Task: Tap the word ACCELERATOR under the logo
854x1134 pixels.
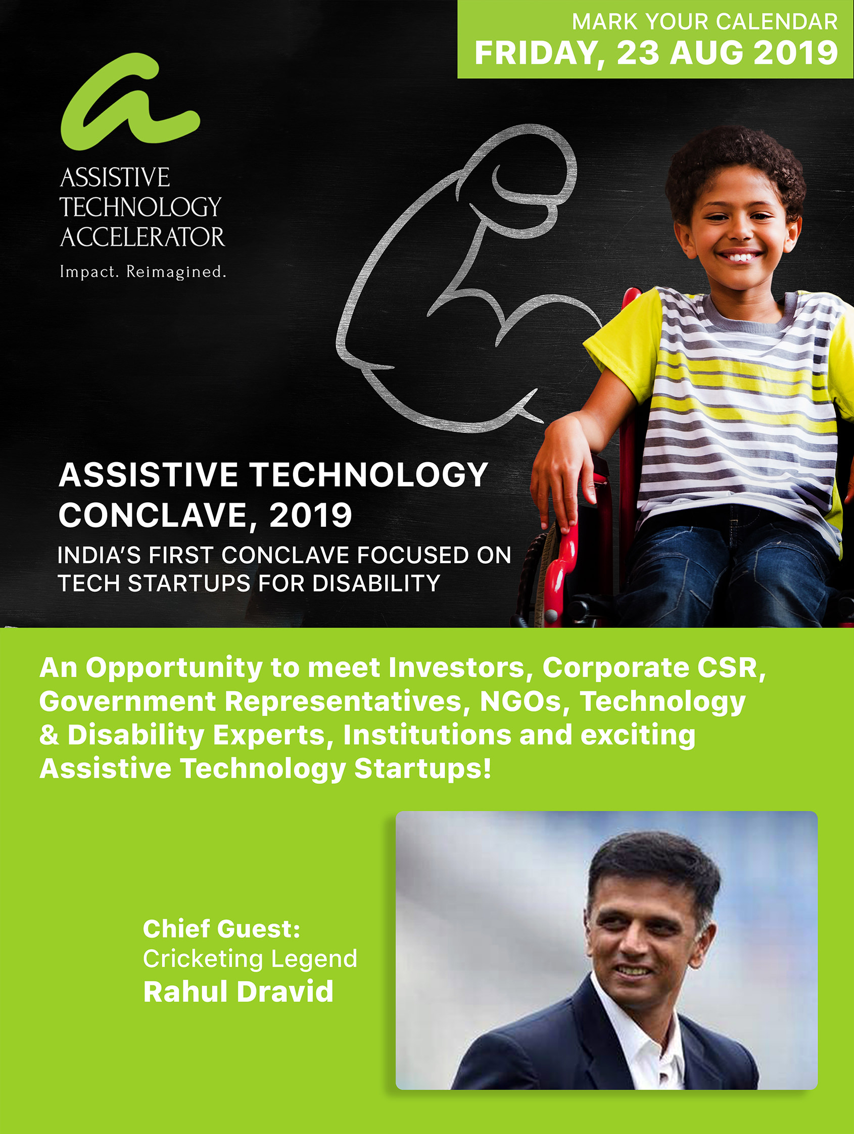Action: pos(142,237)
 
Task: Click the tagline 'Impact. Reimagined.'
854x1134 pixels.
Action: pos(143,272)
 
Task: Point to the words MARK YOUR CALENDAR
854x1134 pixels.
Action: pos(705,22)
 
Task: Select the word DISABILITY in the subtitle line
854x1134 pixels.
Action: pos(376,583)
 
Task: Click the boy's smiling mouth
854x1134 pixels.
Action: pos(739,255)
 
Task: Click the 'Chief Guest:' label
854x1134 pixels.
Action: pos(221,928)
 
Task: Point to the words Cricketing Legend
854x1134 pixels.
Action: pos(250,959)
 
